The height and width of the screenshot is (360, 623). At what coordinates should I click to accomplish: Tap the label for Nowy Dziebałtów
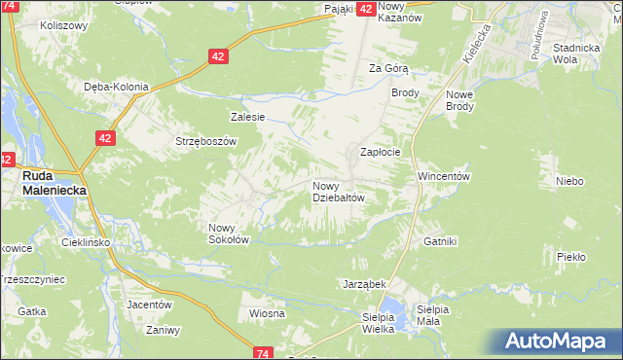coord(338,191)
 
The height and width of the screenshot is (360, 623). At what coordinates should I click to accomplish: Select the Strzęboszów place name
coord(206,141)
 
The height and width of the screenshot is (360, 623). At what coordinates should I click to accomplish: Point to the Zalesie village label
coord(247,117)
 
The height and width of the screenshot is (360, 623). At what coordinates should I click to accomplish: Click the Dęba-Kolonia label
coord(116,87)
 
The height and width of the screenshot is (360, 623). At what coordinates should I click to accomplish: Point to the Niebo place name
coord(569,181)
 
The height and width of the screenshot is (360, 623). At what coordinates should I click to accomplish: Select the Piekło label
coord(571,257)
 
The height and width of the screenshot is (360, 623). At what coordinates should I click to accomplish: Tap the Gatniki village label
coord(440,240)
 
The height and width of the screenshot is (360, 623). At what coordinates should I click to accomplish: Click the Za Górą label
coord(388,68)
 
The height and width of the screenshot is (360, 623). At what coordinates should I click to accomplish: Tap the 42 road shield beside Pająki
coord(366,9)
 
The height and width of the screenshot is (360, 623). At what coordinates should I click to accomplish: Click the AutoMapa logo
coord(560,342)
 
